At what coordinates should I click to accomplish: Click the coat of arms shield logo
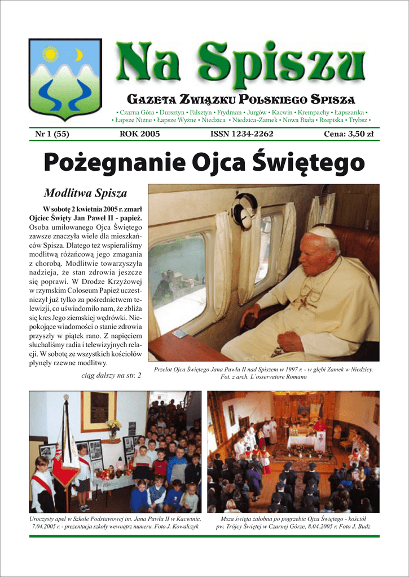(65, 79)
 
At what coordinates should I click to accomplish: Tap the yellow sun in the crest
(51, 54)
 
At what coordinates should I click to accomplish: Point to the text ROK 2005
(139, 134)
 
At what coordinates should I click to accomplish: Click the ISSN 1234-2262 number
(241, 134)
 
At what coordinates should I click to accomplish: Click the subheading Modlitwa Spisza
(85, 193)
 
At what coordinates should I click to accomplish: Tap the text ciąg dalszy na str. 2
(112, 375)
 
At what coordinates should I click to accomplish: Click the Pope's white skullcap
(323, 232)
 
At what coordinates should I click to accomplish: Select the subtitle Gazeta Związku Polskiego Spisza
(241, 100)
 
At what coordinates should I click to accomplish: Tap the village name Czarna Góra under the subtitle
(136, 113)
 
